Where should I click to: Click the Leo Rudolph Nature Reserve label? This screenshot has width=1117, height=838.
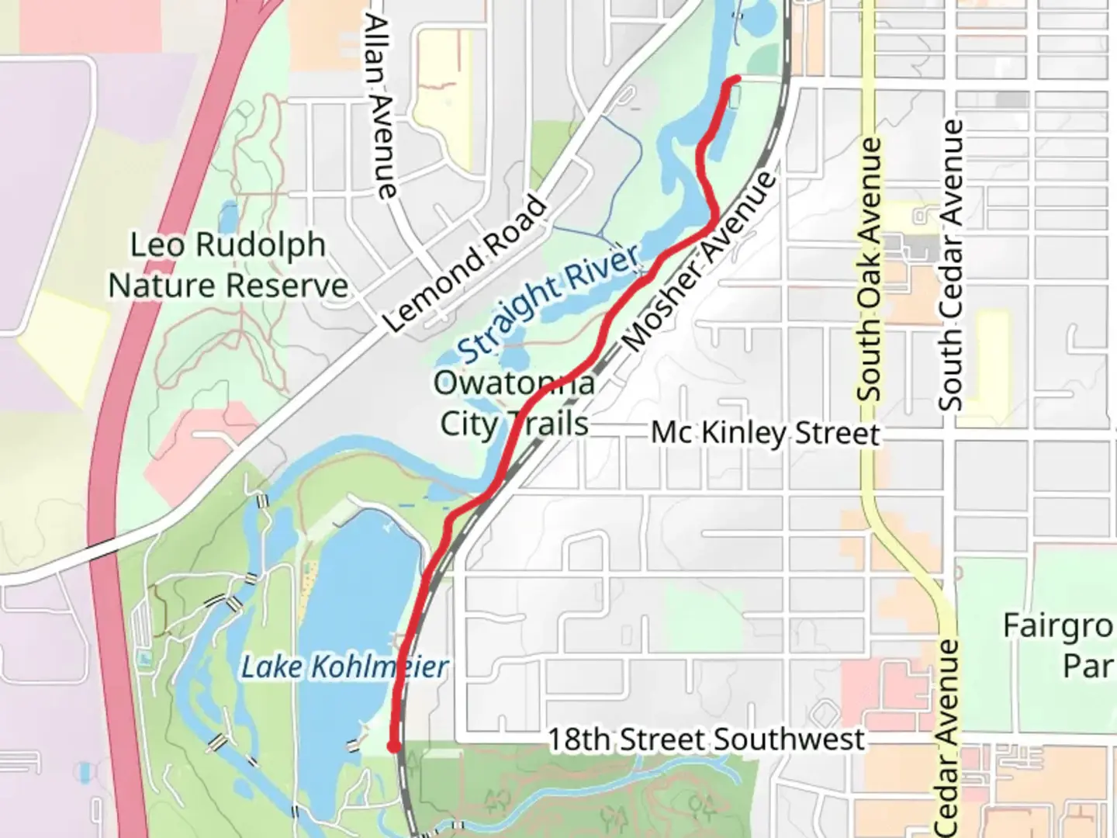click(x=227, y=265)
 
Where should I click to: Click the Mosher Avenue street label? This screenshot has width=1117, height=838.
click(x=698, y=261)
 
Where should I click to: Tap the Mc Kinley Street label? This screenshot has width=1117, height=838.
click(x=765, y=433)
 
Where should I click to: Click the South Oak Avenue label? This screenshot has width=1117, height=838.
click(x=870, y=269)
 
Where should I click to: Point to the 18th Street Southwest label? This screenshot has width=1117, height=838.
click(x=706, y=739)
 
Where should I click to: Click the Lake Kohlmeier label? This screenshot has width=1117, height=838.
click(x=344, y=667)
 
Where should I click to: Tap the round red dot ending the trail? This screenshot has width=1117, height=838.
click(x=393, y=746)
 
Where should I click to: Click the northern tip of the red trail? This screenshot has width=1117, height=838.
click(x=736, y=79)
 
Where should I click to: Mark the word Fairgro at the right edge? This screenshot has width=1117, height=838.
click(x=1060, y=626)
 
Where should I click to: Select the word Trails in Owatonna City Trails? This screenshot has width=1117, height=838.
click(x=549, y=424)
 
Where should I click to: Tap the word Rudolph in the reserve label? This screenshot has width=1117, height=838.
click(x=260, y=245)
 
